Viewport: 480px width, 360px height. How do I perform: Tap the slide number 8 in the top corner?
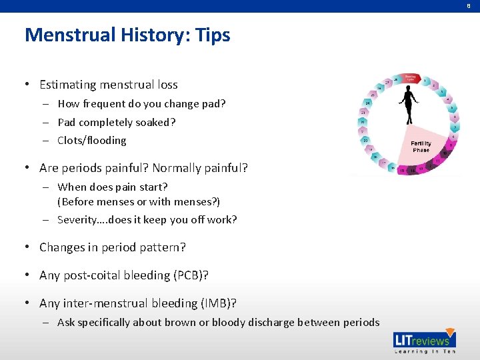pos(469,5)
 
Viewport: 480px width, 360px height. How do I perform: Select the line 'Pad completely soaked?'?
pos(117,122)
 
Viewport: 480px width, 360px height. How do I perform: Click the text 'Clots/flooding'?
pos(92,140)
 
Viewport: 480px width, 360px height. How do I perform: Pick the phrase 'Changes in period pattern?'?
pos(112,247)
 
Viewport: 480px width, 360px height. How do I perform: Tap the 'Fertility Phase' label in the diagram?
pos(421,147)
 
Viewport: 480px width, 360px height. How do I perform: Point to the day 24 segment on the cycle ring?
pos(368,104)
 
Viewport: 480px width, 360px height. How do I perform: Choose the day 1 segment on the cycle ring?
pos(425,81)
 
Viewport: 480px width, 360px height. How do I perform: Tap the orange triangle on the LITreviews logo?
pos(450,333)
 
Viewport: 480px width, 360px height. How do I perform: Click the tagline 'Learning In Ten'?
pos(425,351)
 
